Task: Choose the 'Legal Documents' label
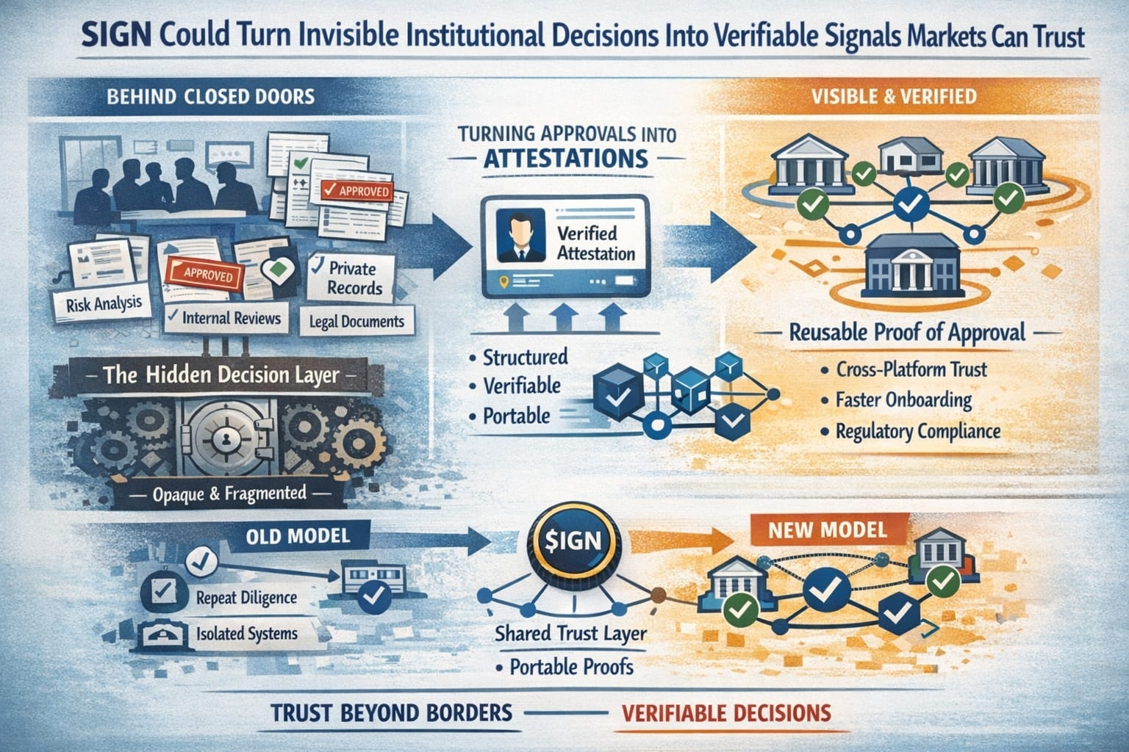[x=357, y=321]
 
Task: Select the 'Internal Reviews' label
[x=224, y=318]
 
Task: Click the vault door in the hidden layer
[x=226, y=441]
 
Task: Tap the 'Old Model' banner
[x=295, y=535]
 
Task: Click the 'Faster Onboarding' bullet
[x=903, y=400]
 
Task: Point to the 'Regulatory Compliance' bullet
[x=917, y=430]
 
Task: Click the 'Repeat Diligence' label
[x=246, y=597]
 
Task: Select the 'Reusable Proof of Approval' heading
[x=906, y=332]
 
